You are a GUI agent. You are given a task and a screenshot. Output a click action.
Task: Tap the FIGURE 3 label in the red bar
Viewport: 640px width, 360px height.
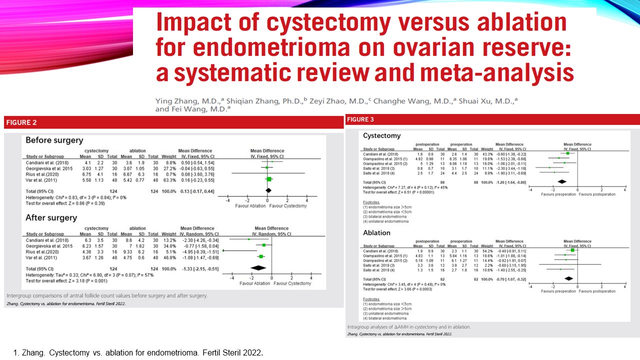(x=360, y=119)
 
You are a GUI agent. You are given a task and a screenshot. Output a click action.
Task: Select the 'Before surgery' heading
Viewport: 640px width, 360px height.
(x=54, y=140)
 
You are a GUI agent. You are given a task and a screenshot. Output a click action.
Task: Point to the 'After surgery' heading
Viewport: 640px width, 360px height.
(x=51, y=218)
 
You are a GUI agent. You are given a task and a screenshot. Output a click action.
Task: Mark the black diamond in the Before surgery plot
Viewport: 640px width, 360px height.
(x=268, y=190)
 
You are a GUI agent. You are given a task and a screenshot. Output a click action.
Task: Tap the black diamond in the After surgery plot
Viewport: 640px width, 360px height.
(x=258, y=268)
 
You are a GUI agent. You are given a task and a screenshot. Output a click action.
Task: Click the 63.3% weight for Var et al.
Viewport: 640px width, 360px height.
(x=168, y=179)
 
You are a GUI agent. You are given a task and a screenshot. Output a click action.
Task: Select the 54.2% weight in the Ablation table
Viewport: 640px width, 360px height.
(x=486, y=250)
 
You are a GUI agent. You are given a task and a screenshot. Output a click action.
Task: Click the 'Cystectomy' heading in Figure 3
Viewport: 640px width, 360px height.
(x=381, y=135)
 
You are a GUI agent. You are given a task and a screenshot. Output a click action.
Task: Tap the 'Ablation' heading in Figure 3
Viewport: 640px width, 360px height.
(x=376, y=232)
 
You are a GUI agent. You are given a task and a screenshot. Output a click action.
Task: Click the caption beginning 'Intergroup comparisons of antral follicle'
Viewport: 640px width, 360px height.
(x=107, y=295)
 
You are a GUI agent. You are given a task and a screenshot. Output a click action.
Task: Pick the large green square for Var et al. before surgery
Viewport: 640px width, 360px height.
(x=269, y=179)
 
